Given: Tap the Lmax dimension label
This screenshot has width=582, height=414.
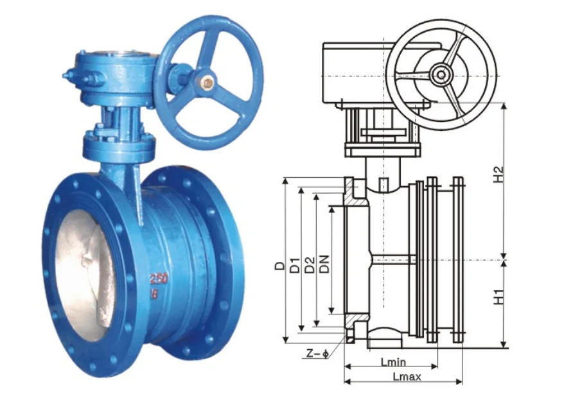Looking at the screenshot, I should pyautogui.click(x=407, y=377).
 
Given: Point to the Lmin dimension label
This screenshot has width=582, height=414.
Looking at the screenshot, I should pyautogui.click(x=393, y=363).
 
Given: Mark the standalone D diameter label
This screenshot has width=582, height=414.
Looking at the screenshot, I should pyautogui.click(x=279, y=265).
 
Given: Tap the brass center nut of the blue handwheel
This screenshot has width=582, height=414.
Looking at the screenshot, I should pyautogui.click(x=207, y=82).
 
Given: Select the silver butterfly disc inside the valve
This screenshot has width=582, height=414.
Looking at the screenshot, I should pyautogui.click(x=80, y=270).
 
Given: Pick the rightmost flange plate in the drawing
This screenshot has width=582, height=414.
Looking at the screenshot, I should pyautogui.click(x=457, y=260).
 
